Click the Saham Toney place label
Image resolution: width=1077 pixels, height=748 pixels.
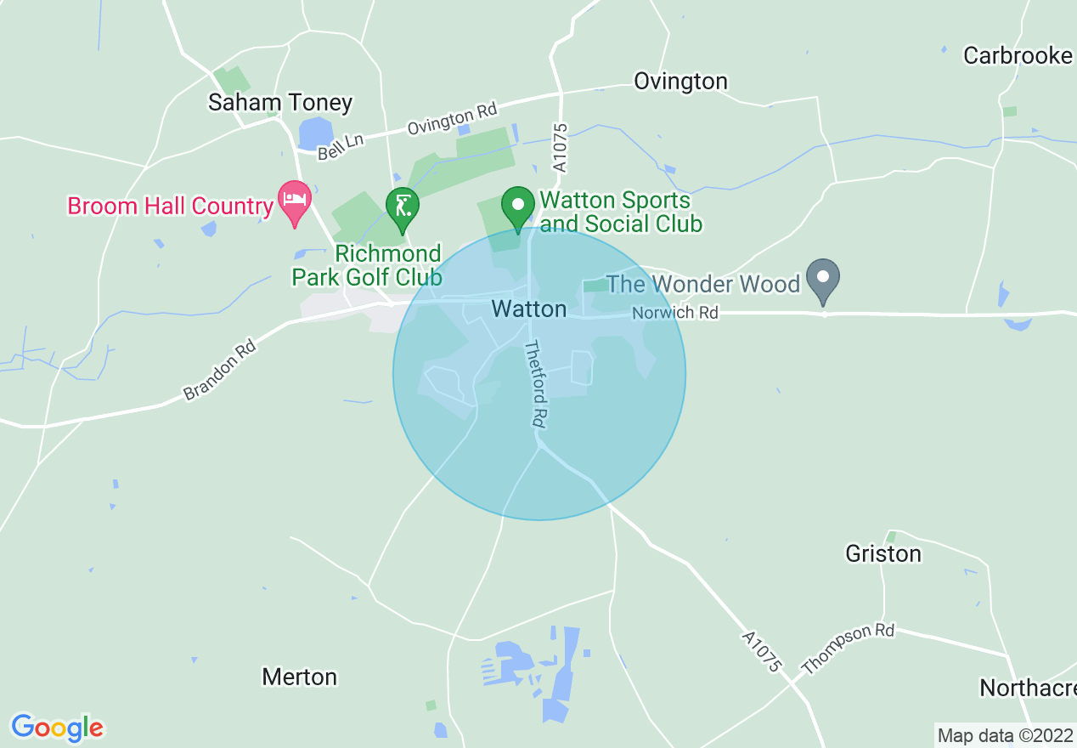click(280, 103)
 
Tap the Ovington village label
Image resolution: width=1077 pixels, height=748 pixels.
click(680, 82)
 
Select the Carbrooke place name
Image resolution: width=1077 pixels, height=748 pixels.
click(1018, 56)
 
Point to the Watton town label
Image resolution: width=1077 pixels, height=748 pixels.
click(529, 309)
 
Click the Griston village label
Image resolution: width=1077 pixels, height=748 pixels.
click(882, 554)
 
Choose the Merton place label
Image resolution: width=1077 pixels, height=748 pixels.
click(299, 677)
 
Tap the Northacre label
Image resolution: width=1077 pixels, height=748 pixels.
click(1027, 688)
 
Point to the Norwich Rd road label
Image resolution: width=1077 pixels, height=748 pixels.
click(675, 314)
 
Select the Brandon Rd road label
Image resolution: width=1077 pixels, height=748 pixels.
click(219, 371)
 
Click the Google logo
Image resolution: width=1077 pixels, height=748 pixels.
click(57, 728)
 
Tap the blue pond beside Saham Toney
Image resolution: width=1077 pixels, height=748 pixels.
click(316, 134)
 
